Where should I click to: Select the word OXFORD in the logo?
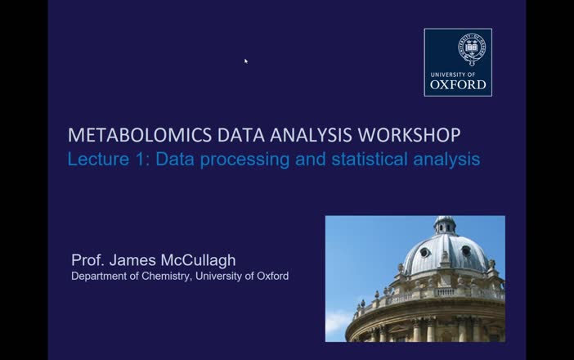point(458,83)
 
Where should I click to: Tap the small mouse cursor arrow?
point(245,61)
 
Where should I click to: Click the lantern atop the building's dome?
point(445,224)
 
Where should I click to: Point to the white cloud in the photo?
point(338,323)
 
